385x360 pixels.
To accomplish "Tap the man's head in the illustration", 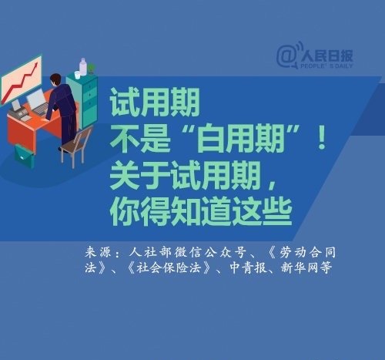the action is click(x=55, y=79).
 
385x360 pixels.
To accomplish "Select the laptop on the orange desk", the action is click(x=38, y=102).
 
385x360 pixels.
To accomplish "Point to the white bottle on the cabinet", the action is click(x=82, y=66).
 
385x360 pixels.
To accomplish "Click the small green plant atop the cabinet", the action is click(x=92, y=69).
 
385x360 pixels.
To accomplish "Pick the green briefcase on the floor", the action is click(x=24, y=156).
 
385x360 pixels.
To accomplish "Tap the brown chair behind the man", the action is click(x=76, y=147).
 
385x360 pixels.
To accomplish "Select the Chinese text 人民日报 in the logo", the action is click(x=327, y=56).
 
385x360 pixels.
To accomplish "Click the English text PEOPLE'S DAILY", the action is click(x=326, y=66).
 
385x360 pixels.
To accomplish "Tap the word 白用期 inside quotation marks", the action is click(x=241, y=139).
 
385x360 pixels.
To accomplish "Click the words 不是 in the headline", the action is click(x=140, y=139).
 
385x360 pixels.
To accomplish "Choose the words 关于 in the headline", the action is click(x=140, y=177).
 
